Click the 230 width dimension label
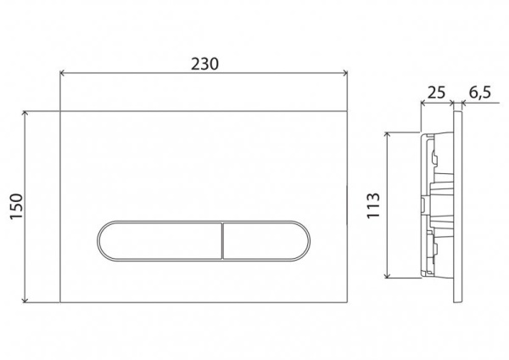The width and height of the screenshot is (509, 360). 205,63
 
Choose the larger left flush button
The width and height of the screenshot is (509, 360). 159,240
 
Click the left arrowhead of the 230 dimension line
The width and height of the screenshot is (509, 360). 62,74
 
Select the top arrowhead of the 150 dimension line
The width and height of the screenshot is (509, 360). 29,111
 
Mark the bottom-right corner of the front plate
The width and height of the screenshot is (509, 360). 349,304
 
